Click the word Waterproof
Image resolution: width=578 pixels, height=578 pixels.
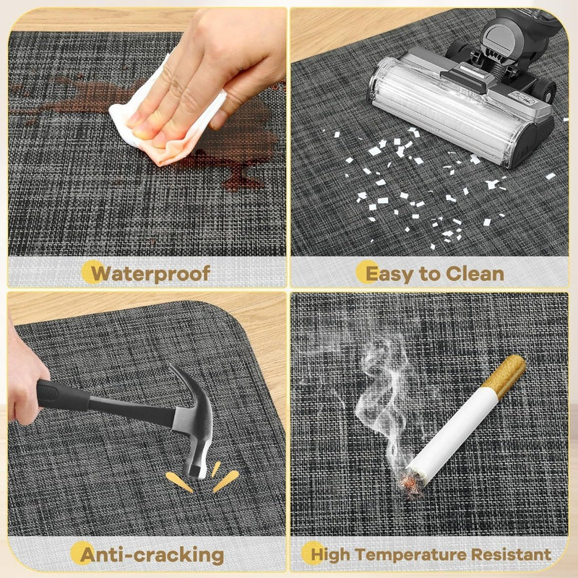click(150, 274)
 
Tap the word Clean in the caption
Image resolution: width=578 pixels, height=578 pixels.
click(475, 274)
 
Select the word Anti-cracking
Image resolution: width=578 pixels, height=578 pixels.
click(152, 555)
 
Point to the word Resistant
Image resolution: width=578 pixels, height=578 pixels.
click(511, 554)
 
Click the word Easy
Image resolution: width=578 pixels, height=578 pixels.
click(389, 275)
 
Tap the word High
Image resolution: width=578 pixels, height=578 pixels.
click(331, 556)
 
